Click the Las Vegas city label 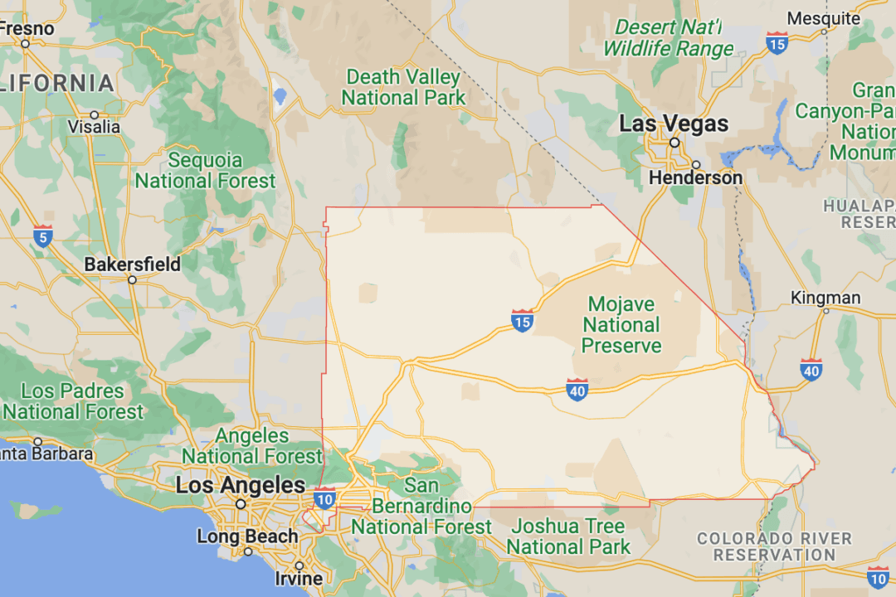(x=674, y=124)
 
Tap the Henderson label (x=695, y=177)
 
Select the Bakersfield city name (x=132, y=265)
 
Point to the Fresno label (x=27, y=28)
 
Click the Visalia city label (x=95, y=128)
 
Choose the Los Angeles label (x=240, y=485)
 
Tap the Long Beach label (x=247, y=536)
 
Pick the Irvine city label (x=299, y=578)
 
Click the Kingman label (x=825, y=297)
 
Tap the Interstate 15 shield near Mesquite (x=777, y=42)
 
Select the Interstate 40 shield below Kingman (x=811, y=370)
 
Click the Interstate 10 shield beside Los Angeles (x=324, y=498)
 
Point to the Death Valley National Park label (x=403, y=87)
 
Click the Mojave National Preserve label (x=621, y=325)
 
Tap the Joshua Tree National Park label (x=569, y=536)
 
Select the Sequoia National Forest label (x=205, y=170)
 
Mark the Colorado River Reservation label (x=774, y=546)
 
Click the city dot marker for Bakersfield (x=132, y=280)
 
